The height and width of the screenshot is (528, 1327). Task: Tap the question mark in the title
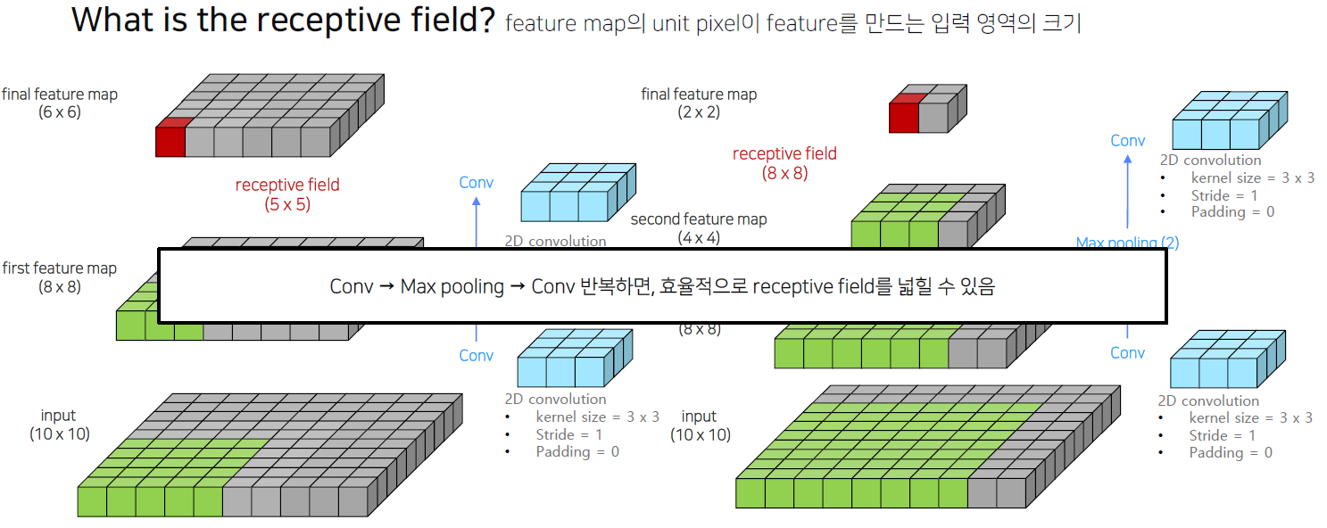[485, 19]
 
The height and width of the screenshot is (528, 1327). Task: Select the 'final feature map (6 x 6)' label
[59, 103]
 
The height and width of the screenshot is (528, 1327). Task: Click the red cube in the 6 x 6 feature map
[170, 139]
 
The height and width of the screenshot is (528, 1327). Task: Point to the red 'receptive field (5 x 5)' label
[287, 194]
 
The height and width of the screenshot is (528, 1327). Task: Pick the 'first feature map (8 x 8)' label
[59, 277]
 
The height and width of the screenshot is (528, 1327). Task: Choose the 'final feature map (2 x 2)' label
[699, 103]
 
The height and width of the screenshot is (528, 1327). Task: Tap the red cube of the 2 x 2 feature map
[903, 116]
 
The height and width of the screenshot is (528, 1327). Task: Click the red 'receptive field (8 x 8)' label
[784, 162]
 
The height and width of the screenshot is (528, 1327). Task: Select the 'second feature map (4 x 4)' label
[699, 227]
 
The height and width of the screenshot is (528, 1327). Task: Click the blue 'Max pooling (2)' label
[1127, 243]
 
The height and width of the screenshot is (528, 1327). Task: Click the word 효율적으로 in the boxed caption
[703, 287]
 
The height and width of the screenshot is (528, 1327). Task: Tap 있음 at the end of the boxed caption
[978, 287]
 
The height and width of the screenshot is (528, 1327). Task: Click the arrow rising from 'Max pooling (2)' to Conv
[1127, 192]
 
